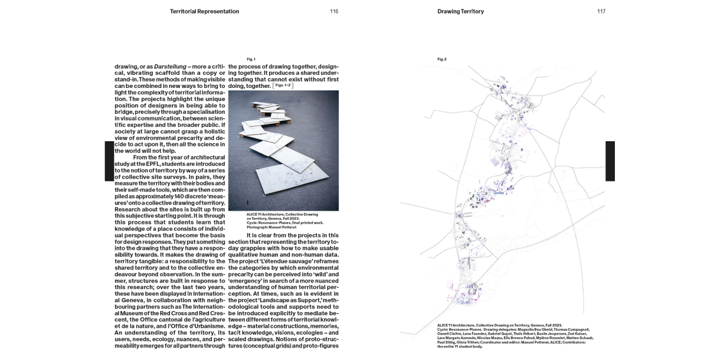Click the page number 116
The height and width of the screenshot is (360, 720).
coord(334,12)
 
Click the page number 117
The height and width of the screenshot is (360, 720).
coord(601,12)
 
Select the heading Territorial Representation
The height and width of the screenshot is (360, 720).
coord(204,12)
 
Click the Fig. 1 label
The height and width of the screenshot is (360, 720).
coord(251,59)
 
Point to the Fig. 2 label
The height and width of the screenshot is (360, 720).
coord(442,59)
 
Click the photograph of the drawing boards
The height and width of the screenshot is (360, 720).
coord(284,150)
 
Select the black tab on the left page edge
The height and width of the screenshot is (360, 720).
coord(109,161)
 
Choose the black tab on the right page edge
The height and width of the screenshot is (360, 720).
coord(610,161)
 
